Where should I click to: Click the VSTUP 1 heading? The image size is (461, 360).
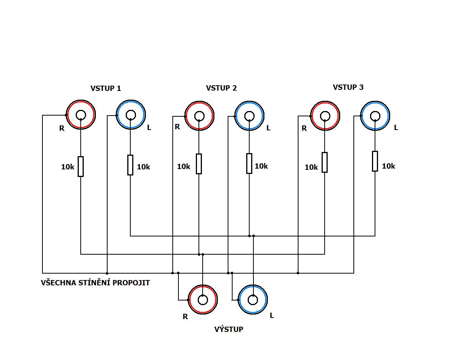pyautogui.click(x=106, y=88)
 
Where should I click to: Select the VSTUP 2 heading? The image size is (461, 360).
pyautogui.click(x=221, y=88)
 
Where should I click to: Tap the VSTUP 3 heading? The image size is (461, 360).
pyautogui.click(x=348, y=87)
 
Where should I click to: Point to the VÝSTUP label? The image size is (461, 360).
pyautogui.click(x=229, y=329)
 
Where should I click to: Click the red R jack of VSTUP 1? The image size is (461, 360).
pyautogui.click(x=81, y=114)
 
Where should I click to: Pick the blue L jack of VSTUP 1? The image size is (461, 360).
pyautogui.click(x=131, y=114)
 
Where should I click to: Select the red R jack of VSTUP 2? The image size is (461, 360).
pyautogui.click(x=199, y=116)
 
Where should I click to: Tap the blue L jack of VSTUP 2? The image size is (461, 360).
pyautogui.click(x=249, y=116)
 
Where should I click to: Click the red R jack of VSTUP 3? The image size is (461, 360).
pyautogui.click(x=325, y=116)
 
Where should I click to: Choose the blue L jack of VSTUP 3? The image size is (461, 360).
pyautogui.click(x=375, y=116)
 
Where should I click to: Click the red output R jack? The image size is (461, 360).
pyautogui.click(x=203, y=300)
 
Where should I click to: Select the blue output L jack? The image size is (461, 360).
pyautogui.click(x=253, y=300)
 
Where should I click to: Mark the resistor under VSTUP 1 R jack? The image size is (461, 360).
pyautogui.click(x=81, y=166)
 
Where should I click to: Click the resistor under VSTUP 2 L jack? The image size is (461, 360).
pyautogui.click(x=249, y=163)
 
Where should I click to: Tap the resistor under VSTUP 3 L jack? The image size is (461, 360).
pyautogui.click(x=375, y=161)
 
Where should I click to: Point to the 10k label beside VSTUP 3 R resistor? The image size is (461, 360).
pyautogui.click(x=311, y=167)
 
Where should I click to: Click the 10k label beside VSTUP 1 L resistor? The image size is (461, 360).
pyautogui.click(x=144, y=167)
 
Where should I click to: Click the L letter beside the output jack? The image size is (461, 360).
pyautogui.click(x=272, y=315)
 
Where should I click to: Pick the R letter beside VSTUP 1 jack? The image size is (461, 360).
pyautogui.click(x=62, y=128)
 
